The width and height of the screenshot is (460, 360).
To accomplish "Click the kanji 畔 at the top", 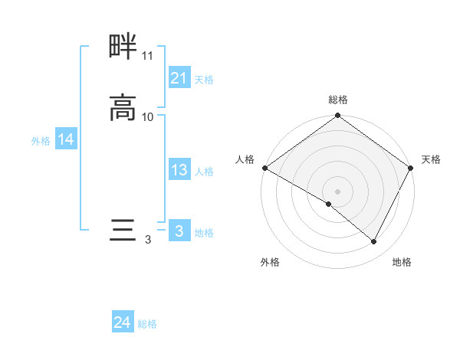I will [x=123, y=47].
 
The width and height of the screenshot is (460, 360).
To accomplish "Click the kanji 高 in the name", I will [x=123, y=108].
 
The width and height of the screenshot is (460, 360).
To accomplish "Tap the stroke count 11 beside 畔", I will [x=147, y=56].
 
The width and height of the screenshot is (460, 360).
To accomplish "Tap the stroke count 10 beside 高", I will [x=148, y=117].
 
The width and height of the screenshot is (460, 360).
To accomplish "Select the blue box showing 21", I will [x=179, y=78].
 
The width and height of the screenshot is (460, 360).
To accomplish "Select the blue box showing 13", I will [x=179, y=170].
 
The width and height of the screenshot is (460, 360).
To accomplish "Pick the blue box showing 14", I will [x=66, y=139].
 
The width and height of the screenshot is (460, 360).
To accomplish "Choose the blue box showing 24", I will [x=123, y=322].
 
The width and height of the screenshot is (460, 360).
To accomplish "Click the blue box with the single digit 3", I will [x=179, y=231].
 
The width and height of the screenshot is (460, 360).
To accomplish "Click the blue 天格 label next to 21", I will [x=204, y=80].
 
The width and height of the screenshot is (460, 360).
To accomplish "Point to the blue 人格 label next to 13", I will [x=204, y=172].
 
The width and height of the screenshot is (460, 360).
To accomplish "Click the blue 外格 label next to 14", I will [x=41, y=141].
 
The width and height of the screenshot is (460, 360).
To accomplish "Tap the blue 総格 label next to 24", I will [x=147, y=324].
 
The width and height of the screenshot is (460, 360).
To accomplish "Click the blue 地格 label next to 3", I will [x=204, y=233].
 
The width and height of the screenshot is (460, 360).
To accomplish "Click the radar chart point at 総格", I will [x=337, y=116].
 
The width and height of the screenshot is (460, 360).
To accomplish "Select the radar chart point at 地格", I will [x=374, y=242].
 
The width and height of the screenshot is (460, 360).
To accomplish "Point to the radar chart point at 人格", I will [x=264, y=168].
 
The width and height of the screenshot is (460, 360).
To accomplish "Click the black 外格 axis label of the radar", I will [x=270, y=263].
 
